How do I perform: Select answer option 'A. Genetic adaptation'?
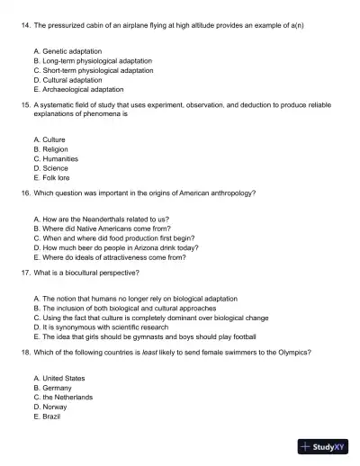[x=67, y=51]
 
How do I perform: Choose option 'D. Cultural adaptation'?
[x=67, y=80]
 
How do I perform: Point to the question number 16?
[x=25, y=193]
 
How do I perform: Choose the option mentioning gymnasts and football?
[x=150, y=336]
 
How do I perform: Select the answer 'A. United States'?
[x=58, y=379]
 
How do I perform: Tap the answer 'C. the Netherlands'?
[x=62, y=397]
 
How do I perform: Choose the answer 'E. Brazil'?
[x=47, y=416]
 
